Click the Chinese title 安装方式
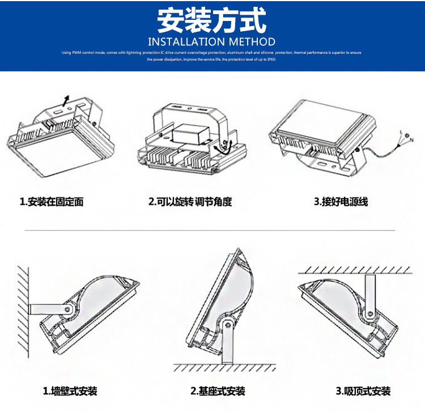211,21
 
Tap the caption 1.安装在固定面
52,202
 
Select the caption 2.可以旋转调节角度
190,202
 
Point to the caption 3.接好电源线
341,202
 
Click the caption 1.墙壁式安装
70,391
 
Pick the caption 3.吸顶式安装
363,391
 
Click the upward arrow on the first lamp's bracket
66,101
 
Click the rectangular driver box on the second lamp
189,134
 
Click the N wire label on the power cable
411,139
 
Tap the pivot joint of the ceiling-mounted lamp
369,313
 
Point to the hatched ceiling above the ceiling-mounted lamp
354,269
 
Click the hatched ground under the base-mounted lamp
227,368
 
